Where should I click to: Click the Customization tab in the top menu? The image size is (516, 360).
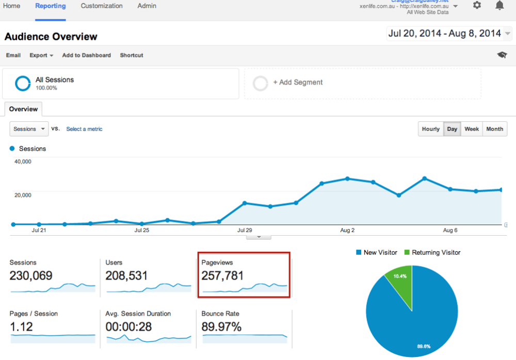[x=102, y=6]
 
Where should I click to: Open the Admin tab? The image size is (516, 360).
[x=147, y=6]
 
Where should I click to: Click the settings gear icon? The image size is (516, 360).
[x=477, y=5]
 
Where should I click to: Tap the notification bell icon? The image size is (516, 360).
[x=499, y=5]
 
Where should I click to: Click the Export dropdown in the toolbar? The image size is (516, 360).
[x=41, y=55]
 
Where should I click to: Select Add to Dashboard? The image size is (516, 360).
[x=86, y=55]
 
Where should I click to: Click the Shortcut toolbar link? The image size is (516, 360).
[x=132, y=55]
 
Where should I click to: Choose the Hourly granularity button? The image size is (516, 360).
[x=431, y=129]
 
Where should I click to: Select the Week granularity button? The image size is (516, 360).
[x=472, y=129]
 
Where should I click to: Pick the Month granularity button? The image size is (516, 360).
[x=494, y=129]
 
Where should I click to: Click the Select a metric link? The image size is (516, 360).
[x=84, y=129]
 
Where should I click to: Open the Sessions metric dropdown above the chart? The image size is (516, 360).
[x=29, y=129]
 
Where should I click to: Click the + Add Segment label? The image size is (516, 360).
[x=298, y=83]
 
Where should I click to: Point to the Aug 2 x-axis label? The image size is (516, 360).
[x=347, y=230]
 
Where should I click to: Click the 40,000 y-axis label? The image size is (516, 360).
[x=22, y=161]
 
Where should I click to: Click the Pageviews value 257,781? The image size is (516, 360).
[x=222, y=276]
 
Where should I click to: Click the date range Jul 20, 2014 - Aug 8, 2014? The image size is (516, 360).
[x=444, y=34]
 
